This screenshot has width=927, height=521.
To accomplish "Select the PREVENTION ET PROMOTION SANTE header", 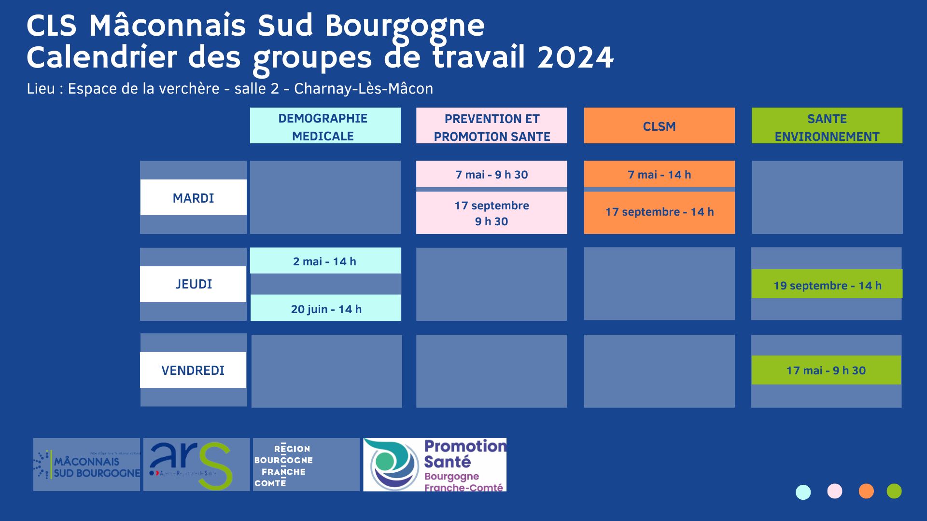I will tap(491, 125).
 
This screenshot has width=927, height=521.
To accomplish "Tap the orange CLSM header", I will tap(659, 125).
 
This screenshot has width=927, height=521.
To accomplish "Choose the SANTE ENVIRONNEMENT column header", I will tap(827, 125).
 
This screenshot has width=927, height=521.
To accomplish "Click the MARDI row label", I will tap(193, 197).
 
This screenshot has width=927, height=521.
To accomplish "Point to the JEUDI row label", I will tap(193, 284).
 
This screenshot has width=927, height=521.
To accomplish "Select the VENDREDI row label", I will tap(193, 370).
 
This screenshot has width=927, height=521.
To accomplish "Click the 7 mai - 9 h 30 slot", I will tap(491, 174).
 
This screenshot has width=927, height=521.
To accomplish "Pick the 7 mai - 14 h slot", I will tap(659, 174).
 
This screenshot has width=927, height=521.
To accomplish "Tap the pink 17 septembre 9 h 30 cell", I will tap(491, 213).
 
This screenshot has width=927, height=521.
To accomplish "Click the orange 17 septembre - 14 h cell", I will tap(659, 212).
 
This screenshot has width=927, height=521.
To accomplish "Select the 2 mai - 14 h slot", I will tap(325, 261).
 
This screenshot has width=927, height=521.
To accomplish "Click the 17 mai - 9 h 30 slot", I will tap(826, 370).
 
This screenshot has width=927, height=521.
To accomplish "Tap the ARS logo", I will tap(196, 465).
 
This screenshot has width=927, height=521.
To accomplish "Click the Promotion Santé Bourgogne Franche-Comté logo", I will tap(435, 465).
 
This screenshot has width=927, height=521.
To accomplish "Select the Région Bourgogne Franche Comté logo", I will tap(306, 465).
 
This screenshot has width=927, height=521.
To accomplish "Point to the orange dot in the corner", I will tap(866, 491).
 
